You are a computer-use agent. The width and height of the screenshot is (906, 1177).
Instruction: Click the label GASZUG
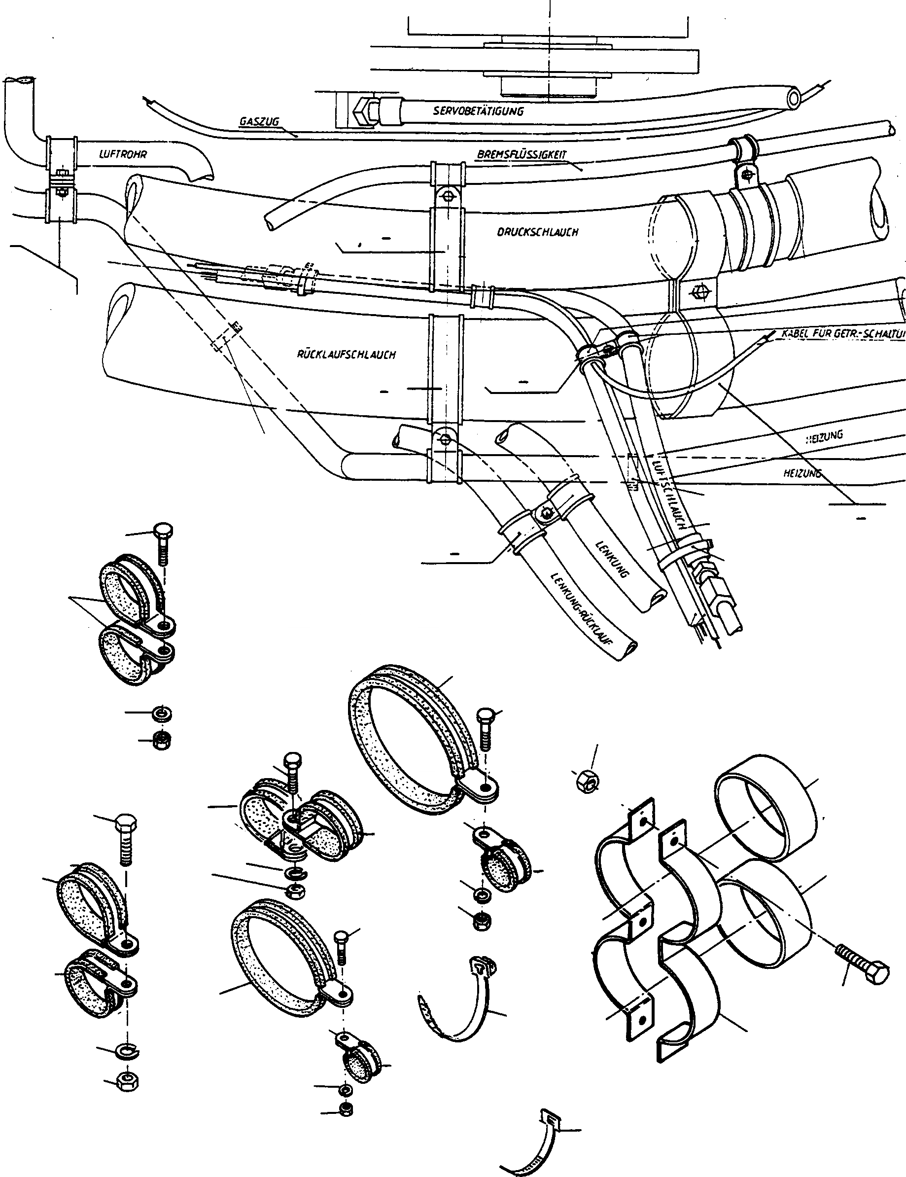pyautogui.click(x=259, y=122)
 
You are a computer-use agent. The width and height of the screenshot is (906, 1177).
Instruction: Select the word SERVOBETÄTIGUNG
pyautogui.click(x=478, y=111)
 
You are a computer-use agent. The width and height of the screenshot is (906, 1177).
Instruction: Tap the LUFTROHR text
pyautogui.click(x=123, y=154)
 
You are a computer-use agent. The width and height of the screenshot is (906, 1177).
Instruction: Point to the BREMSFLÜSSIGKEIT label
pyautogui.click(x=522, y=155)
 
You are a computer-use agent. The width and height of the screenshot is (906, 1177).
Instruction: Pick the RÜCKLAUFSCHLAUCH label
pyautogui.click(x=346, y=355)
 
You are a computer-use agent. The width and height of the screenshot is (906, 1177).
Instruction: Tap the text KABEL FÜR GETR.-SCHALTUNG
pyautogui.click(x=843, y=334)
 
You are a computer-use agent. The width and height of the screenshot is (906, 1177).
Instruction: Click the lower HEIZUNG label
pyautogui.click(x=802, y=474)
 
